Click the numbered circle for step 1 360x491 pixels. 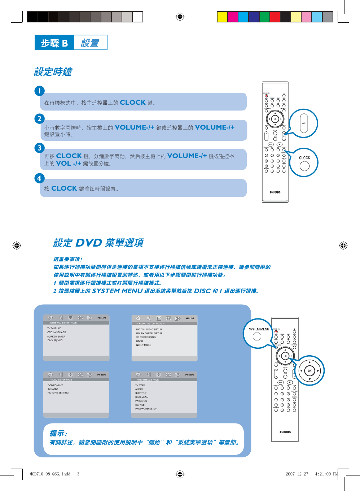[40, 91]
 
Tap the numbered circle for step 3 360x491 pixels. [40, 148]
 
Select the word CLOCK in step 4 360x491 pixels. [64, 188]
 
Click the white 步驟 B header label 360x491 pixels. [54, 43]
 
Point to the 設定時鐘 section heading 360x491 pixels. [53, 72]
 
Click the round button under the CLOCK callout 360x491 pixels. [304, 166]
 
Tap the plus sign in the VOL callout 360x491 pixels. [304, 117]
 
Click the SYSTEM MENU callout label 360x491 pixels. [259, 329]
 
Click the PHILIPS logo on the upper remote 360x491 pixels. [275, 192]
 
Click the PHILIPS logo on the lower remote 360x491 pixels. [285, 432]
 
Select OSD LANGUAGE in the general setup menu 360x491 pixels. [57, 333]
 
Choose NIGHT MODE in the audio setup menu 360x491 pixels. [144, 345]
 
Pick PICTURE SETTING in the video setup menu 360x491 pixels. [58, 393]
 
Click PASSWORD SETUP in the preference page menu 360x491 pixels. [146, 409]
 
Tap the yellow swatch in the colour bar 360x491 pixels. [222, 17]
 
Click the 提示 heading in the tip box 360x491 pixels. [58, 433]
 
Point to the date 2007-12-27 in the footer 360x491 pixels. [297, 474]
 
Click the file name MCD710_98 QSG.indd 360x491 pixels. [50, 474]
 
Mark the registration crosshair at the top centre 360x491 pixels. [180, 17]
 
